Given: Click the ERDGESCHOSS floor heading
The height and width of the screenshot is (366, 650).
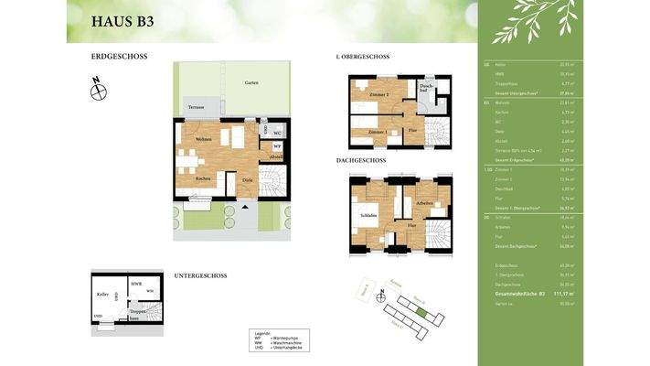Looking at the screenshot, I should coord(119,57).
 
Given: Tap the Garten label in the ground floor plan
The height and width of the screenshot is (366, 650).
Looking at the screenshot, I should coord(250,82).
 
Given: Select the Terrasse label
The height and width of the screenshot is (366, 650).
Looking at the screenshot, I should coord(196,107).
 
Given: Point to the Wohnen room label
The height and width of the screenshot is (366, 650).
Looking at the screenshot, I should coord(203,138).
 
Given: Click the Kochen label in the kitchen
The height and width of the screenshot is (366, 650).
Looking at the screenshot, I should coord(203,178).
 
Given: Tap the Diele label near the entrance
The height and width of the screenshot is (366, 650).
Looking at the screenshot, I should coord(247,178).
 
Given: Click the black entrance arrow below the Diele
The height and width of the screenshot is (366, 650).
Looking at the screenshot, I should coord(243,206).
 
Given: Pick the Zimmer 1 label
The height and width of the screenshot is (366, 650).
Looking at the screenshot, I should coord(376,132).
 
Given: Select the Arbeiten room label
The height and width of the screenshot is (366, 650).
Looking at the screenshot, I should coord(423,203).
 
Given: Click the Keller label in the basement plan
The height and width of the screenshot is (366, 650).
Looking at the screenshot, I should coord(102,294).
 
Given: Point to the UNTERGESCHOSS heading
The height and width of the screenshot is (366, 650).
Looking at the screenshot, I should coord(200,275).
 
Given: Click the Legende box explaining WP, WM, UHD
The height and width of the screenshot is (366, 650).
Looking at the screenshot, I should coord(278,340).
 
